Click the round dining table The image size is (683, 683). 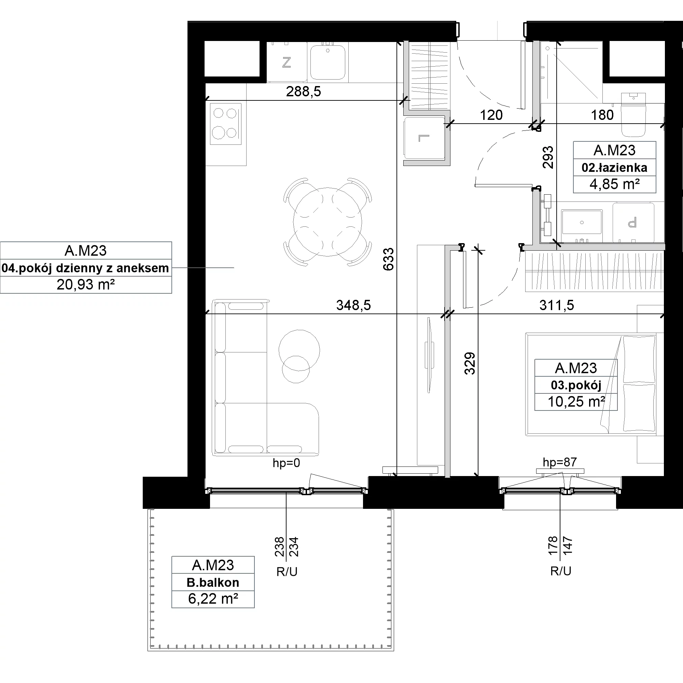[x=327, y=222]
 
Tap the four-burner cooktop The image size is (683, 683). [x=225, y=124]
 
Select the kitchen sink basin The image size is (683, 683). [x=328, y=62]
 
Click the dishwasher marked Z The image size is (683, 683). [x=287, y=62]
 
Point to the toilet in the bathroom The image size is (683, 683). [x=633, y=115]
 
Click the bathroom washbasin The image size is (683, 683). [x=582, y=222]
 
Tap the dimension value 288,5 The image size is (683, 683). [x=303, y=92]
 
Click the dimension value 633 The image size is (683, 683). [x=388, y=259]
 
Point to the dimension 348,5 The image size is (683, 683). [x=353, y=305]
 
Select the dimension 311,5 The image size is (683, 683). [x=557, y=305]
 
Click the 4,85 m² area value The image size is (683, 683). [x=614, y=184]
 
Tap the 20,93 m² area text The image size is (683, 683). [x=86, y=284]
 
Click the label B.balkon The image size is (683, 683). [x=213, y=582]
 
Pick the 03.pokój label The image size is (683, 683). [x=576, y=385]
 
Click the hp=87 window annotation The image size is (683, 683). [x=560, y=462]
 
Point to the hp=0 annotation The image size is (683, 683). [x=287, y=463]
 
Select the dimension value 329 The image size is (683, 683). [x=470, y=363]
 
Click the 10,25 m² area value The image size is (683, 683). [x=576, y=402]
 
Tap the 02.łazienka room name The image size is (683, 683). [x=614, y=168]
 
